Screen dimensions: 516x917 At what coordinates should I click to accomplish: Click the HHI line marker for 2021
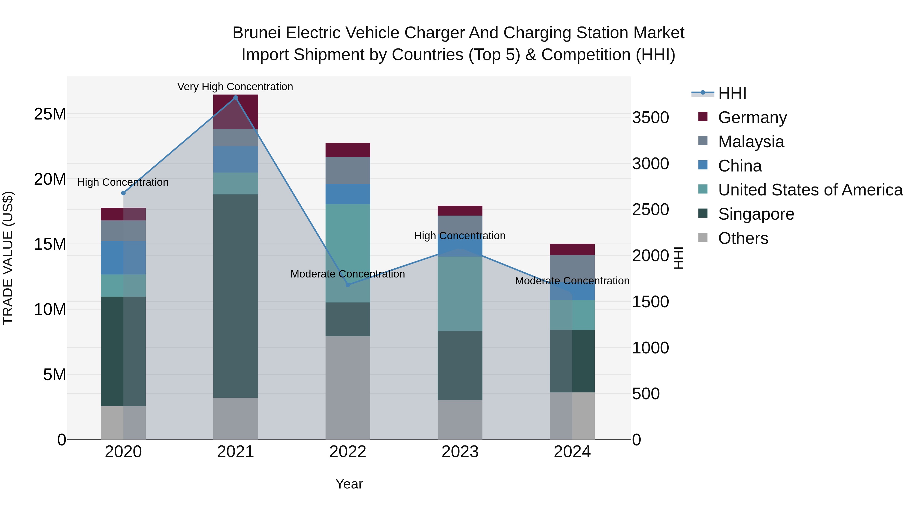[x=235, y=98]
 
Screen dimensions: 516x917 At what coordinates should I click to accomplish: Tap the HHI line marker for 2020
[x=124, y=193]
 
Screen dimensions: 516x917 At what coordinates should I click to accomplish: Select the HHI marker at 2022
[x=348, y=285]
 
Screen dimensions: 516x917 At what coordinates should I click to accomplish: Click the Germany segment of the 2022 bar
[x=348, y=150]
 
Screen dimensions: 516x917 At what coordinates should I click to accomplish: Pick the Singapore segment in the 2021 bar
[x=235, y=296]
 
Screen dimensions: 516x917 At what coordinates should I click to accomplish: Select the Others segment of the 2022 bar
[x=348, y=387]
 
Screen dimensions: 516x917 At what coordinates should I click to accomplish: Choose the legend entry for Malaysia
[x=751, y=142]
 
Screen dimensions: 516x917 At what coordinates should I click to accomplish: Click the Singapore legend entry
[x=756, y=214]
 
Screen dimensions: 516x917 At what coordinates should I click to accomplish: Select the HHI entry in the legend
[x=732, y=93]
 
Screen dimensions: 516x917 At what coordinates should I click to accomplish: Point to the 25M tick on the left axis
[x=50, y=114]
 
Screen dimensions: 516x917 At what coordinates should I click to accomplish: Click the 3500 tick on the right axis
[x=650, y=118]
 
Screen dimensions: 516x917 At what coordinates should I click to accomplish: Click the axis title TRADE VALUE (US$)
[x=8, y=258]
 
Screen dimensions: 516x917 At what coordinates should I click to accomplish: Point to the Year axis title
[x=349, y=484]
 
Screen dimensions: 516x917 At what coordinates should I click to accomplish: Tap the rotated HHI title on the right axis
[x=679, y=258]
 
